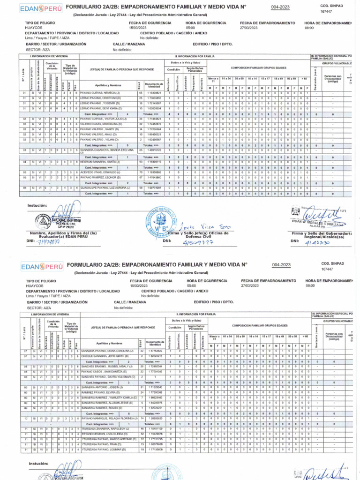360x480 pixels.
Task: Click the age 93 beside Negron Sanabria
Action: (140, 161)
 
